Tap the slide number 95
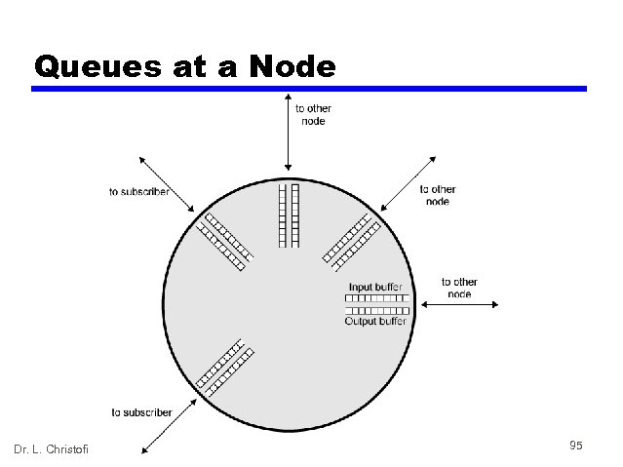[575, 446]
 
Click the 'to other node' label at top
[312, 115]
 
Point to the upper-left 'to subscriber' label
[138, 191]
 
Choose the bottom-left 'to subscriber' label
[141, 412]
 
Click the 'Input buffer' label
[374, 287]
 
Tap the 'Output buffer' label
[375, 321]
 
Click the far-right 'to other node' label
[459, 288]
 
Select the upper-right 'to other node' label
[438, 195]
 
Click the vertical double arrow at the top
[287, 133]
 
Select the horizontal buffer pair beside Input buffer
[376, 303]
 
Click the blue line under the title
[309, 89]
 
